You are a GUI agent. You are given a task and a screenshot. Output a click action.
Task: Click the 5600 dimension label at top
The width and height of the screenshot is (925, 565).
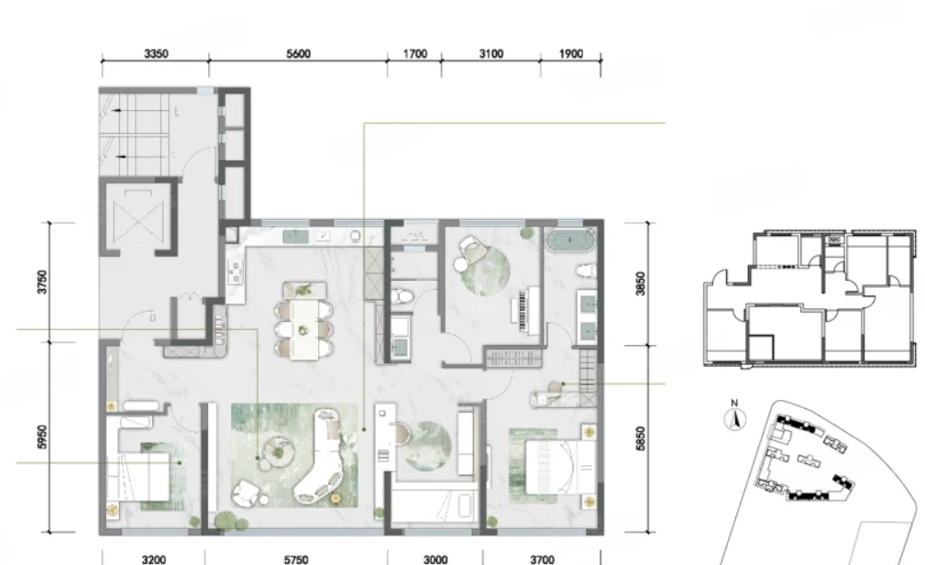click(x=299, y=54)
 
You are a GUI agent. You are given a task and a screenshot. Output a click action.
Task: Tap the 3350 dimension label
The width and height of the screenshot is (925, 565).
click(x=156, y=54)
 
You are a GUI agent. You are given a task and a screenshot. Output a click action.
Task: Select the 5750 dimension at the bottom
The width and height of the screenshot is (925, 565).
click(x=295, y=559)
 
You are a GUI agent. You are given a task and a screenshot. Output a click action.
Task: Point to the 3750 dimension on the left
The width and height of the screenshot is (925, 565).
click(x=42, y=282)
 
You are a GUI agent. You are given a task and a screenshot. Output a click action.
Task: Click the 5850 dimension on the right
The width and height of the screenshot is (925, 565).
click(x=641, y=438)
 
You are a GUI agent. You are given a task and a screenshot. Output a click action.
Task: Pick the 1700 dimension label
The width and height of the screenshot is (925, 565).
click(x=414, y=54)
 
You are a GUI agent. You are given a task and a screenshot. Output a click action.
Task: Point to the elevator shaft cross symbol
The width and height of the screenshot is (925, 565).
click(x=138, y=219)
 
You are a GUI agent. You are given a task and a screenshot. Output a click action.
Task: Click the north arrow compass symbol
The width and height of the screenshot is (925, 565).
click(x=734, y=417)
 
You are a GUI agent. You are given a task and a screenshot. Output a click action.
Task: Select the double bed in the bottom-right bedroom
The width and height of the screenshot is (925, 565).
click(x=560, y=467)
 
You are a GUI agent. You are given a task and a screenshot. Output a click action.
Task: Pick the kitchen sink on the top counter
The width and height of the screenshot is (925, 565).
click(x=295, y=237)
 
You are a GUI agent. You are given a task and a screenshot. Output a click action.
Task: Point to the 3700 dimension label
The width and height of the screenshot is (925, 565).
click(x=542, y=559)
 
